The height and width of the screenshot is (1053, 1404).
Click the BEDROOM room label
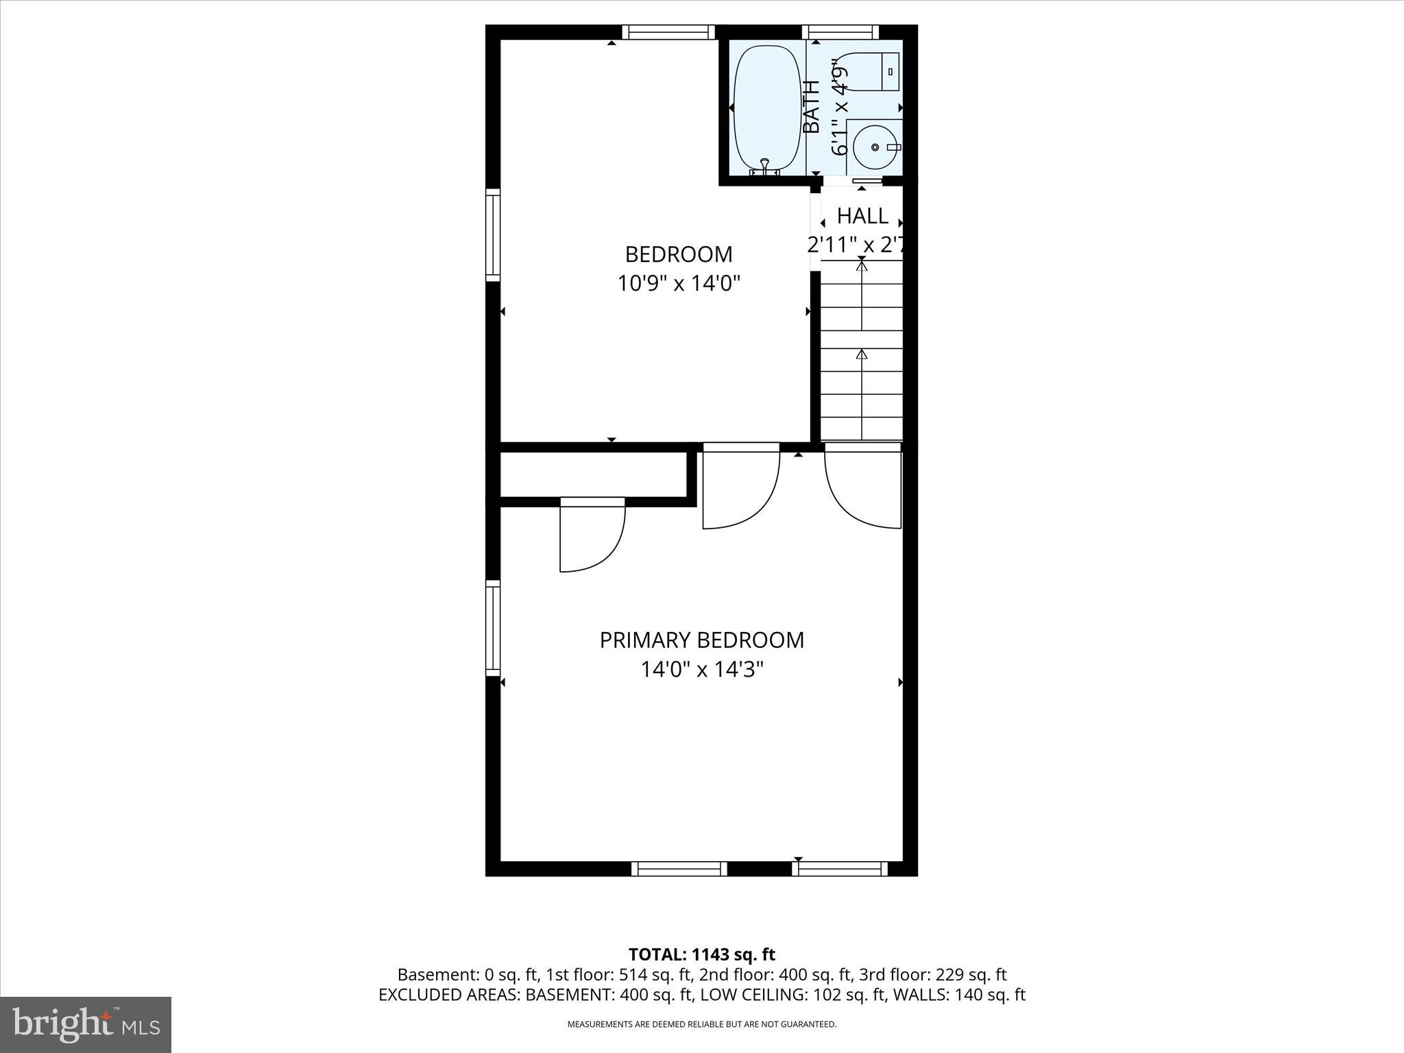pos(678,254)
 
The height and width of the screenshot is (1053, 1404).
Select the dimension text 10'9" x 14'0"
pos(678,283)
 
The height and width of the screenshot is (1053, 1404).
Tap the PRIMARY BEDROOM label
pos(701,640)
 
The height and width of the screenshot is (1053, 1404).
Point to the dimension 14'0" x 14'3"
pos(701,669)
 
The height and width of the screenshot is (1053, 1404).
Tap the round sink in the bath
pos(875,147)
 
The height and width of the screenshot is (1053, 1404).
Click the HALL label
pos(862,216)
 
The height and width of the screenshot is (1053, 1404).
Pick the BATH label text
pos(812,107)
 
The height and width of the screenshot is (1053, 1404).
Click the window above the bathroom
pos(840,32)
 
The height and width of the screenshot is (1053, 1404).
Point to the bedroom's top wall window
pos(668,32)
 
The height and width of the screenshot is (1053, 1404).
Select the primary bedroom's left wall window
pos(493,627)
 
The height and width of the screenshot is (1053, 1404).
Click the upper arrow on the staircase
pos(862,266)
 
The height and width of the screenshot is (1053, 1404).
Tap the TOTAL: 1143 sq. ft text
pos(701,954)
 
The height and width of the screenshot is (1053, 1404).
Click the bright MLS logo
pos(86,1024)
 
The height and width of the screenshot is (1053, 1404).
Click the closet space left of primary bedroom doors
pos(593,474)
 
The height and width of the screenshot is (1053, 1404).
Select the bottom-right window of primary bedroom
pos(839,869)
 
